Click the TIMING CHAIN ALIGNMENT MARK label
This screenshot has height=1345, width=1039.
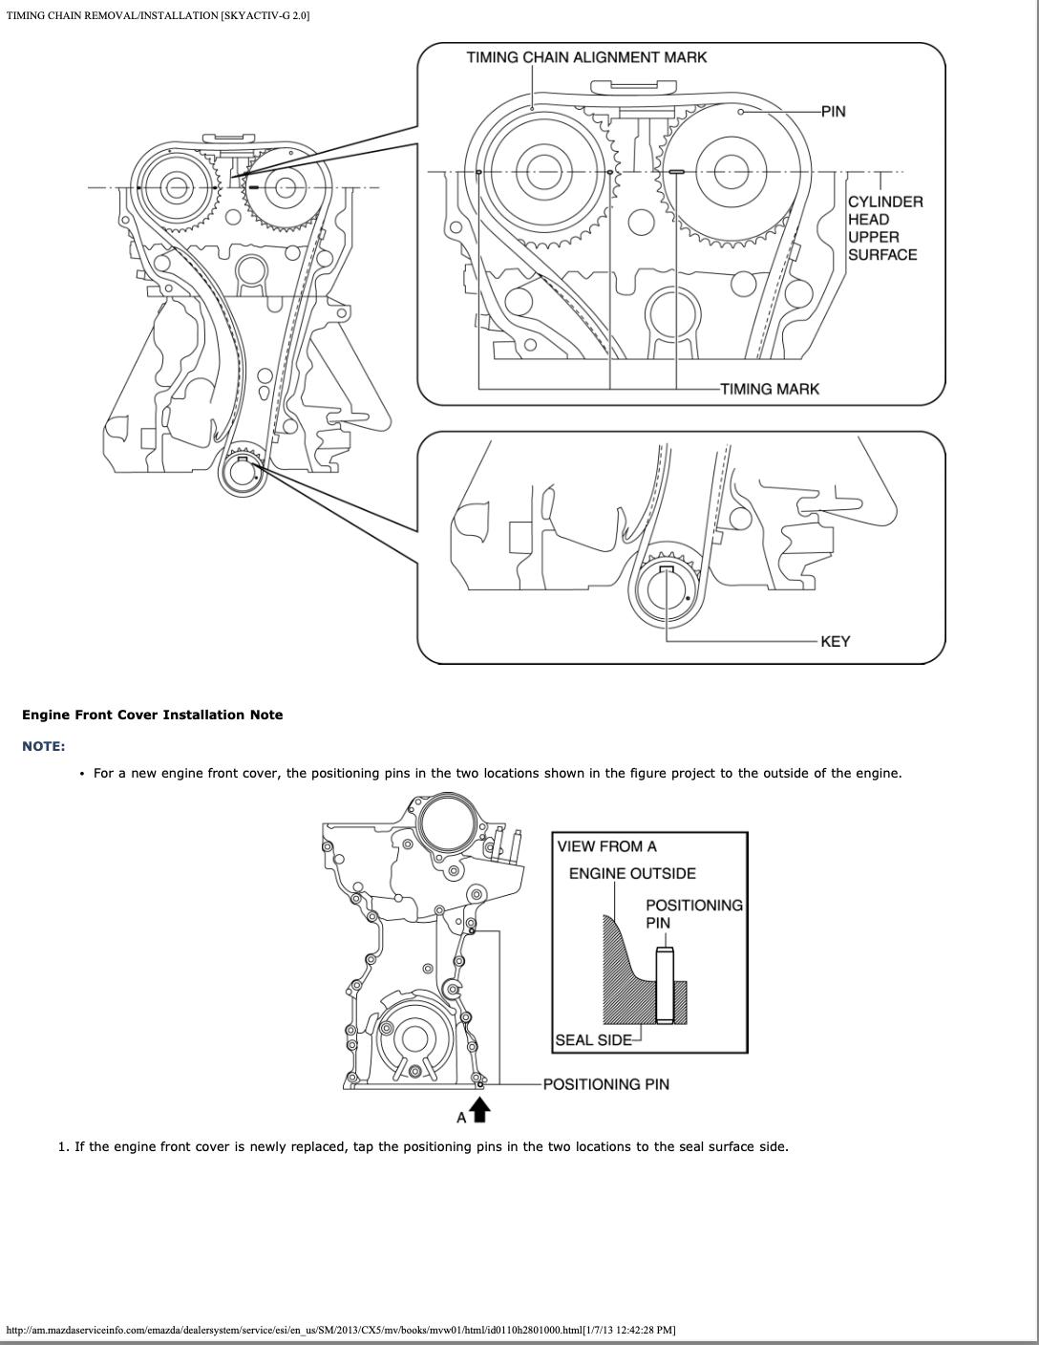click(x=586, y=57)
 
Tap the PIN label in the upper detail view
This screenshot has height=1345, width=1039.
click(x=833, y=111)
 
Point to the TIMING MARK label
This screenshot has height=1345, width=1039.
click(x=769, y=389)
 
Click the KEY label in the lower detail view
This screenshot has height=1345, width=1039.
click(x=835, y=641)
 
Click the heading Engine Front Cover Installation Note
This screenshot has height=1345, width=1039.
click(x=153, y=715)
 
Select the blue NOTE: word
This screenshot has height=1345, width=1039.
click(x=44, y=746)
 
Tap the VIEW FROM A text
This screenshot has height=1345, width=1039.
click(x=606, y=846)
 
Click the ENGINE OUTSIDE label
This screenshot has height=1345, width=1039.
click(x=632, y=873)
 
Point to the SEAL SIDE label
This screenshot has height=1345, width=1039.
click(x=593, y=1039)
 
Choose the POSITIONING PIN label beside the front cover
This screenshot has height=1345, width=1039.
click(x=605, y=1084)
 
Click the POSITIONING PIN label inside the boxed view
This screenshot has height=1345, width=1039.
click(x=693, y=913)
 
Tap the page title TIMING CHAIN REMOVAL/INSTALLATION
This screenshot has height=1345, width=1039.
click(x=158, y=16)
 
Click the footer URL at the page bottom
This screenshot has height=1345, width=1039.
click(x=341, y=1330)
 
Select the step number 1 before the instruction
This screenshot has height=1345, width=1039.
click(x=63, y=1146)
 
